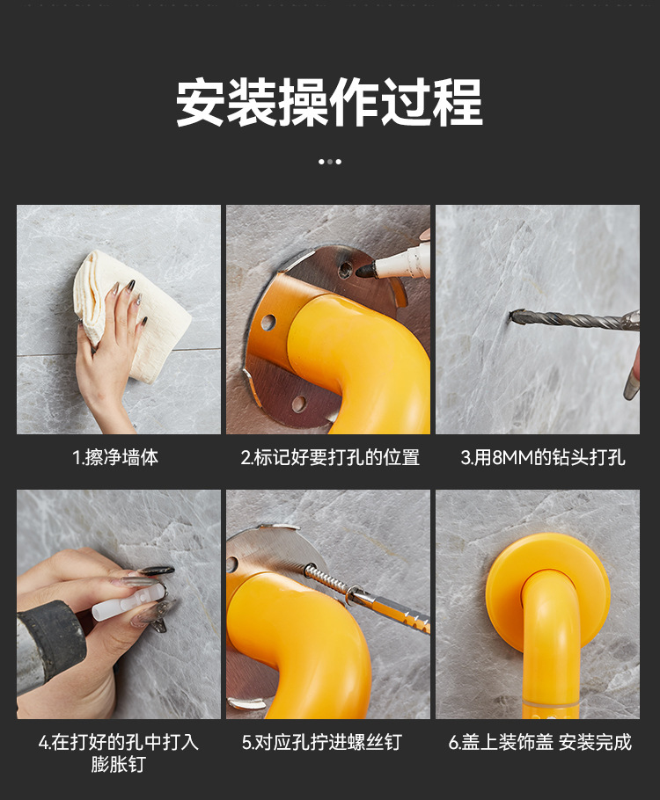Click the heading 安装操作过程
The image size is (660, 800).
point(329,103)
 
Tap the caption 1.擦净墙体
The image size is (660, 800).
point(115,458)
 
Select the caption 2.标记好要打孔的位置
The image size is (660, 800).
point(330,458)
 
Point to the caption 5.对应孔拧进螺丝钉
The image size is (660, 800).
point(321,743)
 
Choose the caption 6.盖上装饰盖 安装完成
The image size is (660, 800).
point(539,743)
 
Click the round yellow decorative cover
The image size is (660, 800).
point(546,587)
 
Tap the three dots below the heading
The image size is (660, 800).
point(329,162)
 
